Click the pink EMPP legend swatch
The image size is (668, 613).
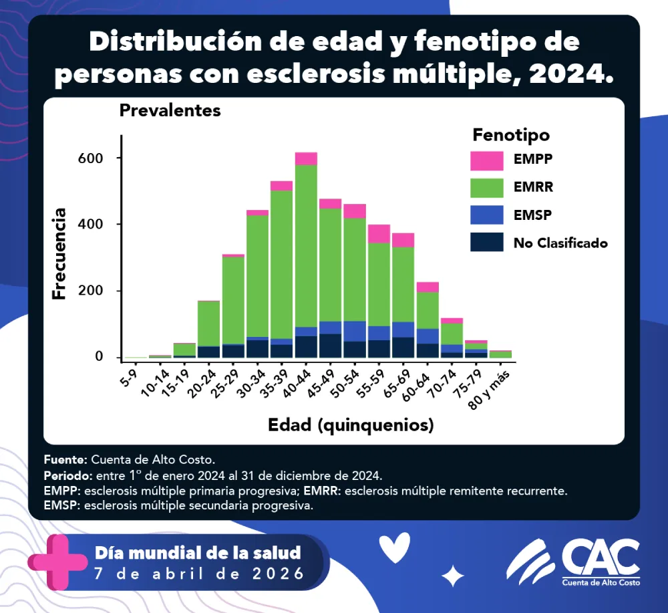coord(486,161)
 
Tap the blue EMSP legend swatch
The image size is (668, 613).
coord(486,215)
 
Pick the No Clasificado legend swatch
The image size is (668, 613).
coord(486,242)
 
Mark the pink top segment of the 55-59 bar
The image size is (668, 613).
coord(379,233)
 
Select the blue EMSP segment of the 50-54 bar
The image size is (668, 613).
coord(355,331)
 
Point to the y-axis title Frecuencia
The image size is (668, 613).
coord(59,253)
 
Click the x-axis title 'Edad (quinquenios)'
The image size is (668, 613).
coord(351,425)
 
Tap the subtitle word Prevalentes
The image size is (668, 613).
coord(170,111)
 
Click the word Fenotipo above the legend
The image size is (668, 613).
coord(511,134)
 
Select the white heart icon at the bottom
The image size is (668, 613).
coord(394,549)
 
